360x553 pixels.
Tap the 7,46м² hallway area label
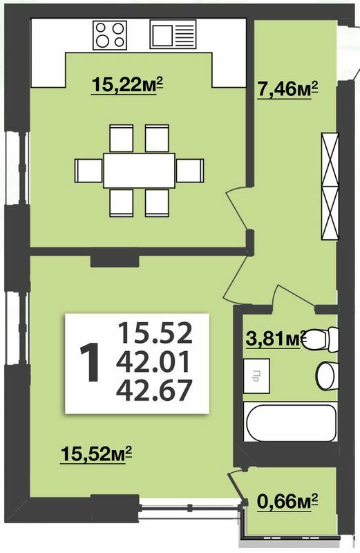click(287, 88)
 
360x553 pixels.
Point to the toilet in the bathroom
click(322, 339)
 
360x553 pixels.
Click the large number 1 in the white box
click(90, 364)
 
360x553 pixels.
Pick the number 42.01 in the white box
click(154, 362)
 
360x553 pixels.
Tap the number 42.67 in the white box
click(154, 392)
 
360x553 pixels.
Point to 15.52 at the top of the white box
click(154, 333)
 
